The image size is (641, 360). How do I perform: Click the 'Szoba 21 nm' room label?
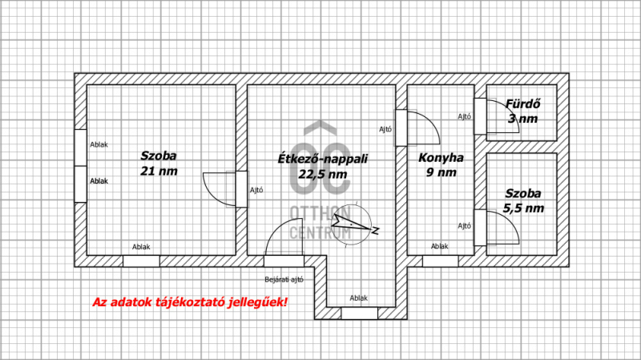(159, 163)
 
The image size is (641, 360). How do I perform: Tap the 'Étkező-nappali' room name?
(323, 159)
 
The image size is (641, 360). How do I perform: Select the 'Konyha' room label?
(441, 158)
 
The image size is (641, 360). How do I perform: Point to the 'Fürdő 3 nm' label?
(523, 111)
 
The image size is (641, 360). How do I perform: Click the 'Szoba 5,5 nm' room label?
(523, 200)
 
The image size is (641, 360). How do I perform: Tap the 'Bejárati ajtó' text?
(284, 280)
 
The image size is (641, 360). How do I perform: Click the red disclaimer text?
(190, 302)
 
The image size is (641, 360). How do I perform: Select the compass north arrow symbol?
(354, 224)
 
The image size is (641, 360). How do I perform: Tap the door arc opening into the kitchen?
(431, 122)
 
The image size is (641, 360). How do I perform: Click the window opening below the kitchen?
(440, 261)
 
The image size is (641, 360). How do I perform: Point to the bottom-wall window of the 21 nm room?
(141, 261)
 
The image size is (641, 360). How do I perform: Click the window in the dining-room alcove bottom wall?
(359, 313)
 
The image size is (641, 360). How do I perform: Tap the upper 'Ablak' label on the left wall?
(99, 145)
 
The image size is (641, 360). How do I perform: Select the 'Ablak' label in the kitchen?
(439, 246)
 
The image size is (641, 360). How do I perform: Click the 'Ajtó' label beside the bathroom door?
(465, 116)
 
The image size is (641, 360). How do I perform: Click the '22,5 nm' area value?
(323, 174)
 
